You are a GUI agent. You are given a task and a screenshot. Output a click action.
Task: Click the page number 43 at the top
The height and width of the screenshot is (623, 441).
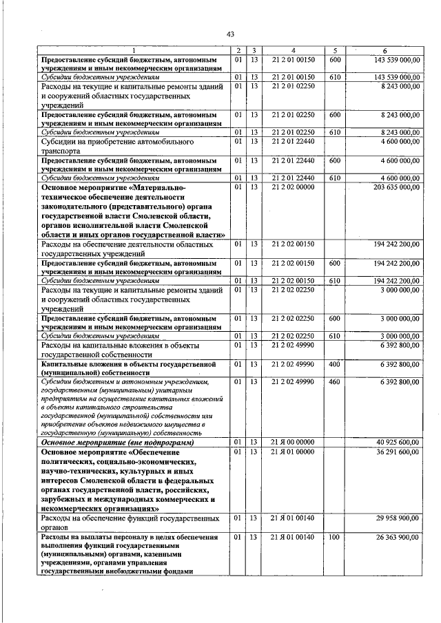coord(230,34)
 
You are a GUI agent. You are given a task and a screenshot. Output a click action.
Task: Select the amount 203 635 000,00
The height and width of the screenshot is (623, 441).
coord(396,187)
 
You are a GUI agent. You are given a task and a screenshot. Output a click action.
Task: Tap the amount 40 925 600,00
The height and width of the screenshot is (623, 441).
coord(398,442)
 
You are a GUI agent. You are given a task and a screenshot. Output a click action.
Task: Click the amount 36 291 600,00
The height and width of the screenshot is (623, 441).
coord(398,452)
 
